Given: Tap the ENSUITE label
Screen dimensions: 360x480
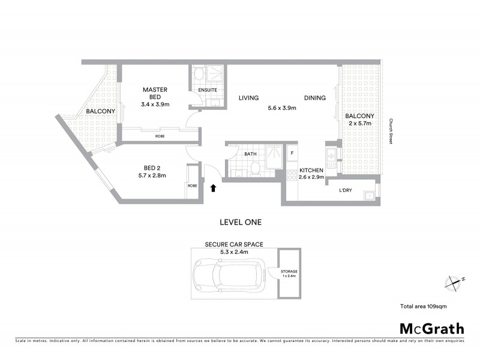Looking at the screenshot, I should (x=208, y=90).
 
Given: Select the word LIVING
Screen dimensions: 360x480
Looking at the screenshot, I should (x=248, y=98).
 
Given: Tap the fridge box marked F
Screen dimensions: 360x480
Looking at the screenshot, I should (x=292, y=152).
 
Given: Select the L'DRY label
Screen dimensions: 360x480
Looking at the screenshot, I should (x=345, y=190).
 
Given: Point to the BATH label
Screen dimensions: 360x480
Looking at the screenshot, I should (x=250, y=154).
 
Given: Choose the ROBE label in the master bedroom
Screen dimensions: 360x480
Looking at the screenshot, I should (x=160, y=136).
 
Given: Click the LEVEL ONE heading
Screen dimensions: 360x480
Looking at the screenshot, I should (x=241, y=222).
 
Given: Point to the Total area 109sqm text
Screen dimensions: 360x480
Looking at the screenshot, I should (x=423, y=306).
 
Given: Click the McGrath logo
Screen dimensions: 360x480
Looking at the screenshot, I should (x=431, y=328).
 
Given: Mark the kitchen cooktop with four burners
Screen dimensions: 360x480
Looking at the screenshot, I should (x=292, y=175).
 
